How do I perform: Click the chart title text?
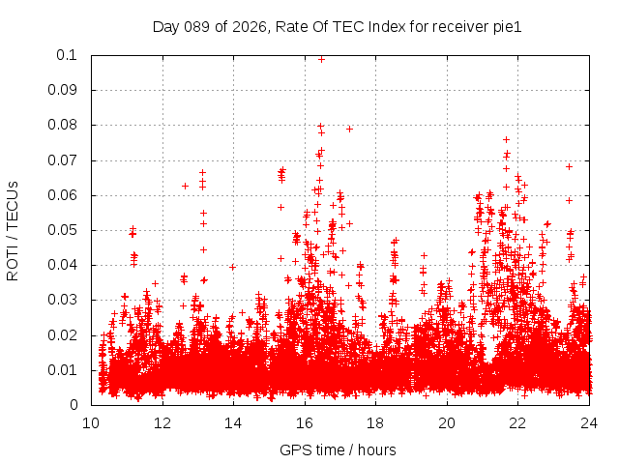(337, 27)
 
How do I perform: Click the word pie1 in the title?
(507, 27)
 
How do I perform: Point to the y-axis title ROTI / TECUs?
(13, 230)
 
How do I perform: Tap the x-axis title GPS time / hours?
(338, 449)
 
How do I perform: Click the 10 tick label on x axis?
(91, 422)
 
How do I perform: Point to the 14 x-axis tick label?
(233, 422)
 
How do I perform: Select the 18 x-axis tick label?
(375, 422)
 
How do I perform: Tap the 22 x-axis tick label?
(517, 422)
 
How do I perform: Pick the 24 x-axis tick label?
(588, 422)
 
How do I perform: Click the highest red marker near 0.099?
(321, 59)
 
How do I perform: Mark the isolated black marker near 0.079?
(349, 129)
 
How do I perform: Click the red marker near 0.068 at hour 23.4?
(569, 166)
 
